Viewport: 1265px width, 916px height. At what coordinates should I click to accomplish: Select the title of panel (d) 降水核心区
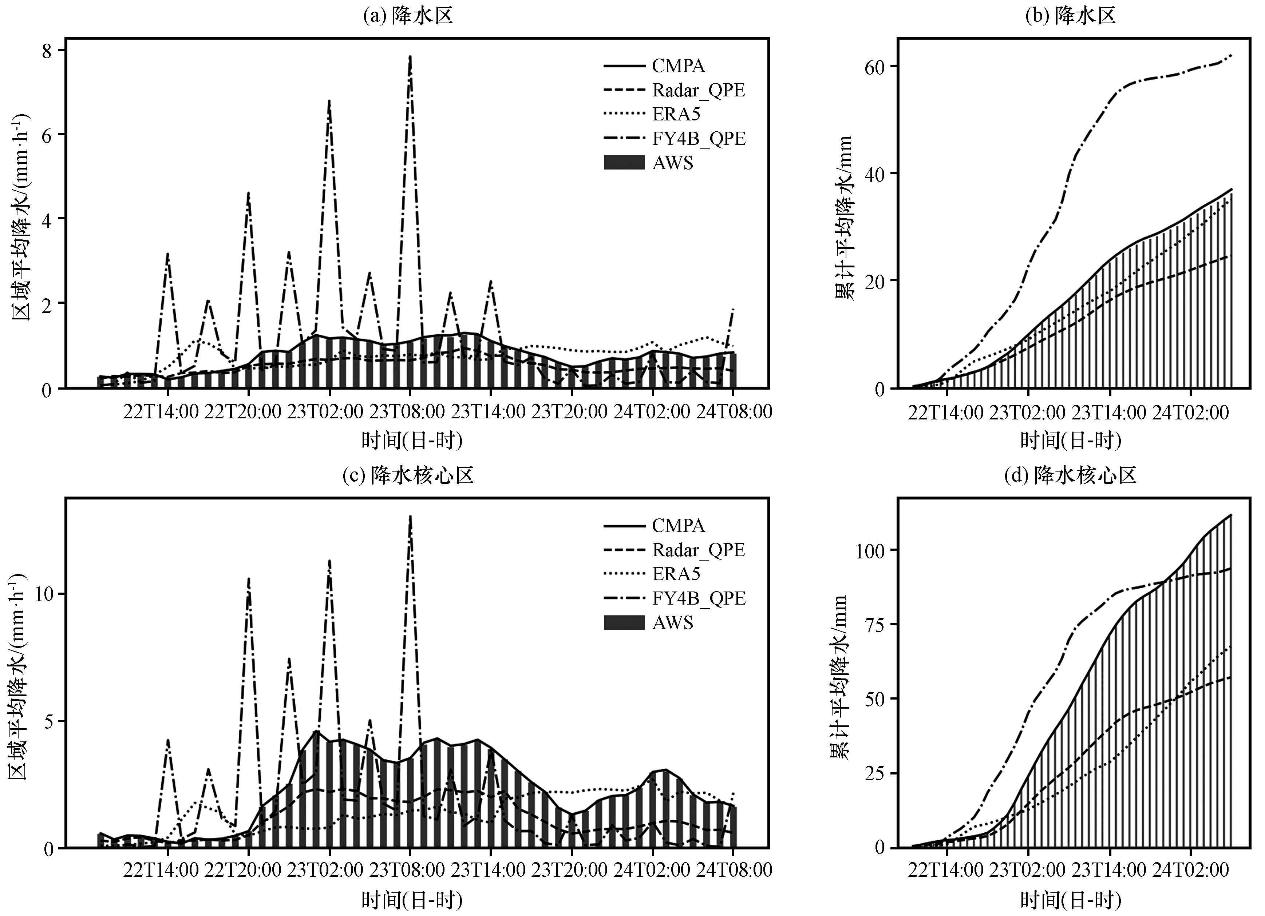(1070, 475)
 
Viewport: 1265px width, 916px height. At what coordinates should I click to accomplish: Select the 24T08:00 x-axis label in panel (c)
(734, 870)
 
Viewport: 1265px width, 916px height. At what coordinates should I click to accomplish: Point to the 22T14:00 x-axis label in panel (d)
(945, 870)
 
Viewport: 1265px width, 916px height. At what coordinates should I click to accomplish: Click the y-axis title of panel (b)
(843, 218)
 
